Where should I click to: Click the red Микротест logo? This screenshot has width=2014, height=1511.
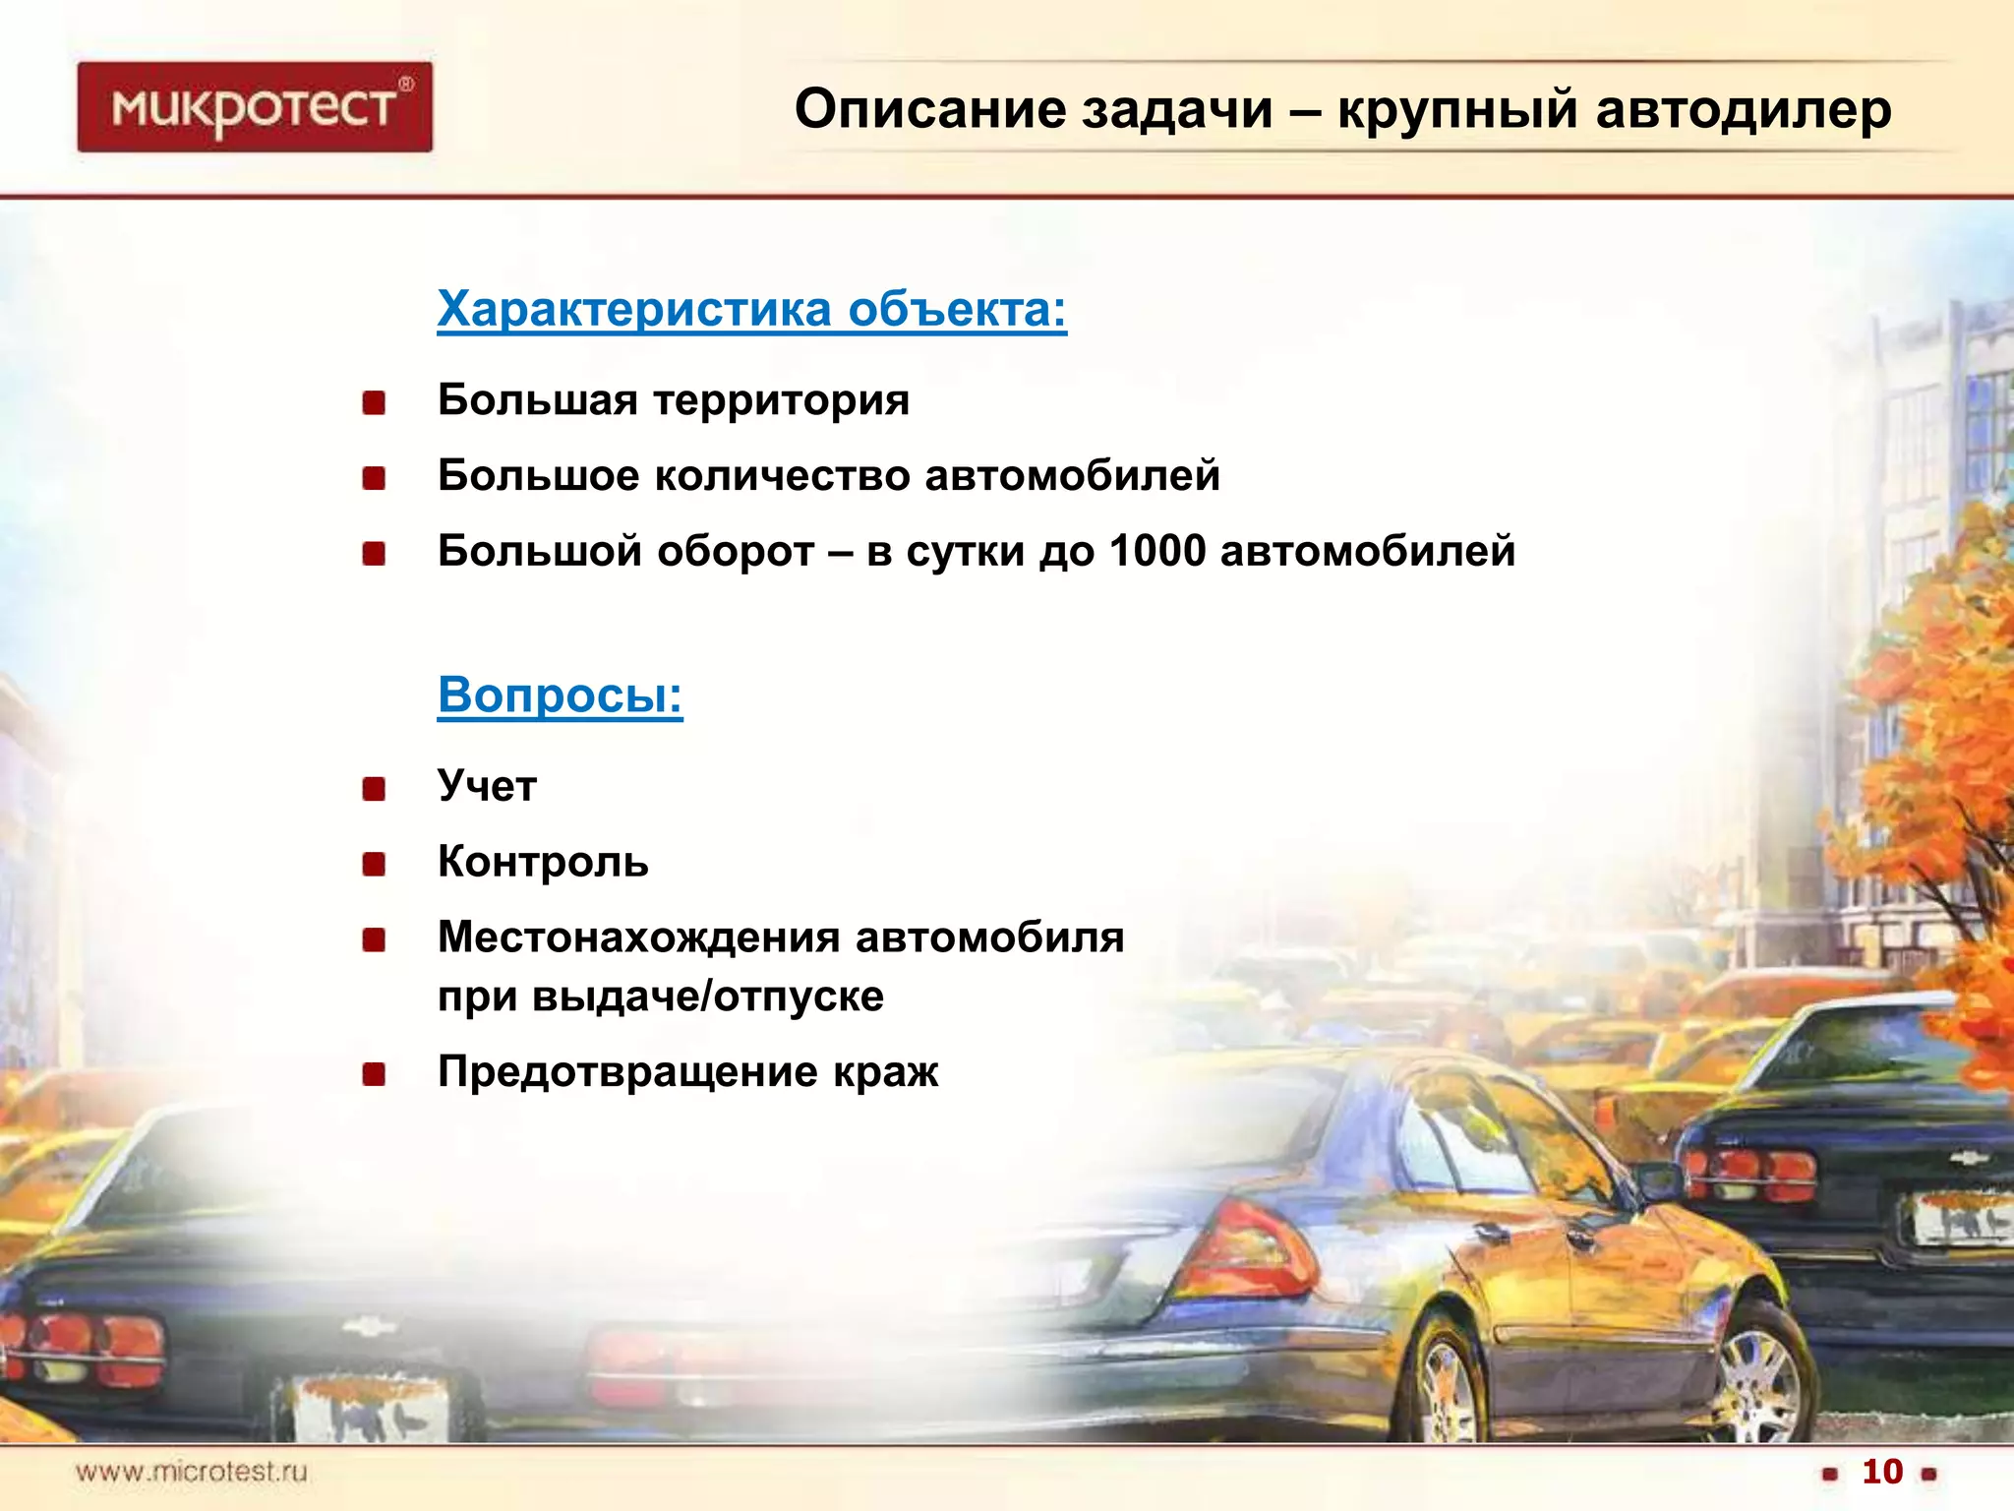(255, 106)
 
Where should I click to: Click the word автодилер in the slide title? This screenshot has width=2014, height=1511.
(1743, 109)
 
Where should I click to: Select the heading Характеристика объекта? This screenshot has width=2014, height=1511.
(751, 309)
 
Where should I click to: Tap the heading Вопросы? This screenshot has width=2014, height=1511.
(560, 695)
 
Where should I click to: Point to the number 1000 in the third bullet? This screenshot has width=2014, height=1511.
(1157, 551)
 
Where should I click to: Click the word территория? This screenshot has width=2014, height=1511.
(782, 400)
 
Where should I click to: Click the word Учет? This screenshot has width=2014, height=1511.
(487, 786)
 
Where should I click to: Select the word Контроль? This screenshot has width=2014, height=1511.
(543, 862)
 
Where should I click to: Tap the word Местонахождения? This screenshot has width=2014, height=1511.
(638, 937)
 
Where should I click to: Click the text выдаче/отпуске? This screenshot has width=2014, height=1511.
(708, 997)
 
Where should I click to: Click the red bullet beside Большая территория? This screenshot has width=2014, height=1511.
(374, 402)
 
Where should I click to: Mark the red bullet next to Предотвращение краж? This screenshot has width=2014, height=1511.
(374, 1073)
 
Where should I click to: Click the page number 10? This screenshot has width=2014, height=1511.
(1882, 1472)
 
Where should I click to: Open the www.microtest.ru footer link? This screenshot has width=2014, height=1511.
(192, 1472)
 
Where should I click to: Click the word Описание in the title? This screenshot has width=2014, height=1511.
(929, 109)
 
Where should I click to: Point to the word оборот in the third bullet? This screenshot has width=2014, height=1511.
(736, 551)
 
